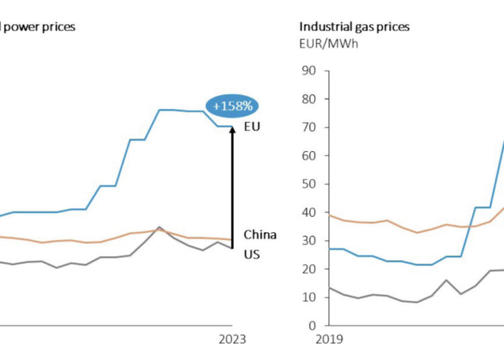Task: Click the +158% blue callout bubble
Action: coord(232,106)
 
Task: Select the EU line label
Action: coord(252,126)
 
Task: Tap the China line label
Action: coord(259,234)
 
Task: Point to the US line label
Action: coord(251,255)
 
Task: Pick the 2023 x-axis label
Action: coord(233,339)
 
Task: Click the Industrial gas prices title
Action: coord(354,27)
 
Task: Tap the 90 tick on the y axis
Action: coord(309,71)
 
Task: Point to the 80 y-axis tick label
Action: coord(309,99)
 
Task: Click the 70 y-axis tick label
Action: coord(309,127)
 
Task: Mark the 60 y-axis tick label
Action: coord(309,156)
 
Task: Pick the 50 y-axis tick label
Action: coord(309,184)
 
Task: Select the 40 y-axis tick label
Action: coord(309,212)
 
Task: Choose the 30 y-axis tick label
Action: coord(309,240)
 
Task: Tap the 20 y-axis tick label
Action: coord(309,269)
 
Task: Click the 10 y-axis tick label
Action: coord(309,297)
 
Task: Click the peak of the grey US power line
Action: coord(159,227)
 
